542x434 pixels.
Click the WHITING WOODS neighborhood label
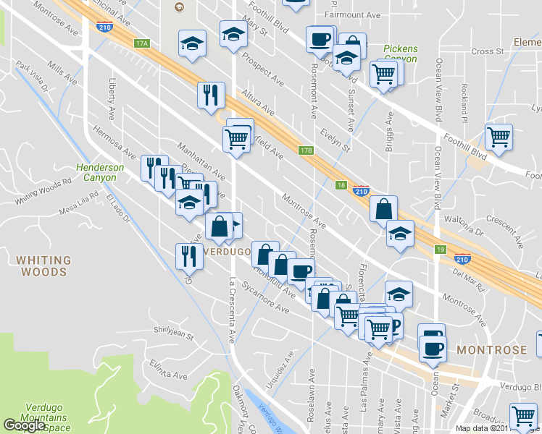(x=44, y=265)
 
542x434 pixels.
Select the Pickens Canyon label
(x=401, y=54)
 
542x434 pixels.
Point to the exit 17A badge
(x=141, y=43)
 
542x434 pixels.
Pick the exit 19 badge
(x=440, y=250)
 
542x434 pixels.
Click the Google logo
(x=24, y=425)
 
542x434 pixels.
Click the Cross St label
(x=487, y=51)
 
